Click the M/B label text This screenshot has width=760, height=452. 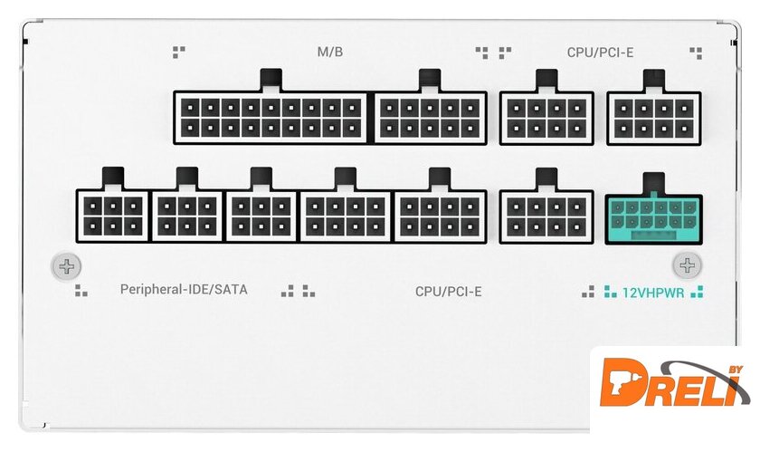330,52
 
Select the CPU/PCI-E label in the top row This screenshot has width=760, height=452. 600,52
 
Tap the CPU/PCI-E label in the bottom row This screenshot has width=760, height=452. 449,292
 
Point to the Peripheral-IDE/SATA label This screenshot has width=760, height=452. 184,290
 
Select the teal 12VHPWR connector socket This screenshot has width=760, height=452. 652,216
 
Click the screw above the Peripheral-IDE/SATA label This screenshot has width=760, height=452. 66,266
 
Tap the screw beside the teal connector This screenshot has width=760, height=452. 688,265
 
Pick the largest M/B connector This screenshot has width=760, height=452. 271,117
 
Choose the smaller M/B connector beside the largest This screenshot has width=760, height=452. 431,117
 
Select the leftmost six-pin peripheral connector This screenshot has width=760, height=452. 112,216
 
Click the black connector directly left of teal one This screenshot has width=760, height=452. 546,216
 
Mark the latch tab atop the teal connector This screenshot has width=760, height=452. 652,180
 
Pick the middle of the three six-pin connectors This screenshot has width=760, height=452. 186,216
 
